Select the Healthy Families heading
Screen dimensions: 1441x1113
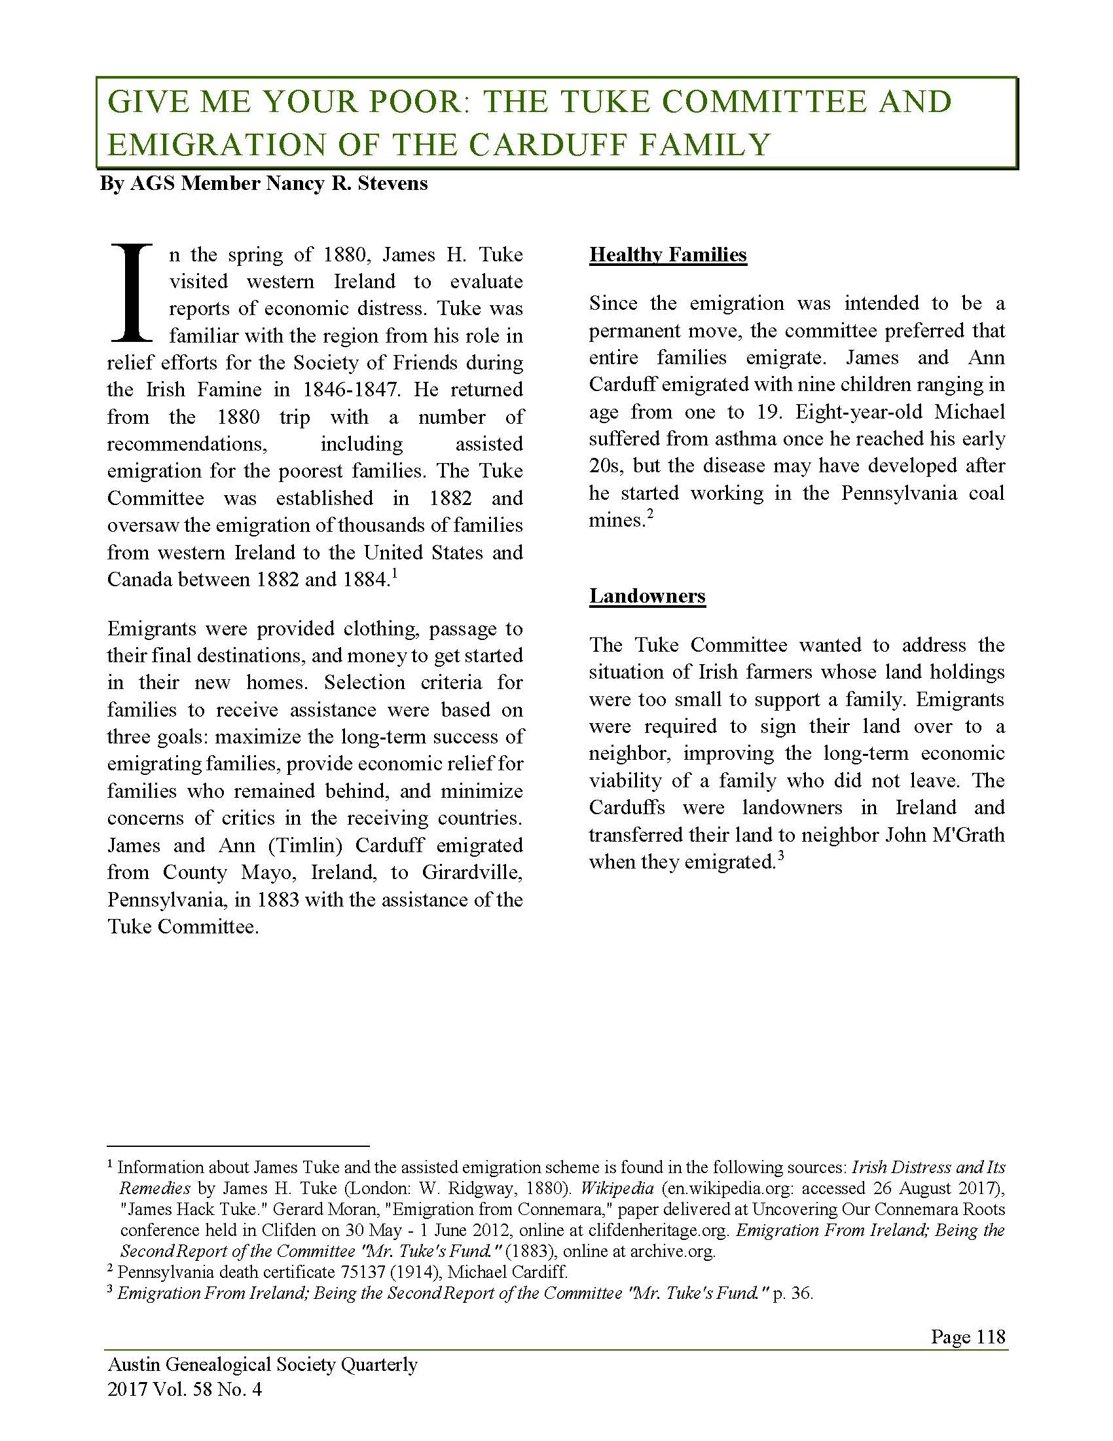click(x=668, y=255)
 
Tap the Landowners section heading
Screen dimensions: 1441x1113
click(x=647, y=596)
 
